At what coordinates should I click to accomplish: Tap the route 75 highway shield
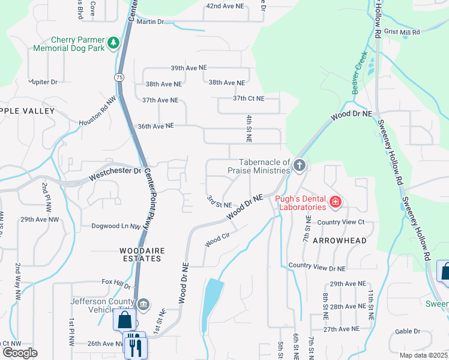coord(119,77)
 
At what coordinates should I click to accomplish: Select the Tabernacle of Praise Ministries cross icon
coord(299,165)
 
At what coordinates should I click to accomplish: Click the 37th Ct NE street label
coord(249,98)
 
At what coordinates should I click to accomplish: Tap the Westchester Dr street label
coord(115,174)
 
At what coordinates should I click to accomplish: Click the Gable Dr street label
coord(408,331)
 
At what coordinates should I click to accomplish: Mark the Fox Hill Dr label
coord(116,281)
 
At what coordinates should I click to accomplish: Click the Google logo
coord(20,353)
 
